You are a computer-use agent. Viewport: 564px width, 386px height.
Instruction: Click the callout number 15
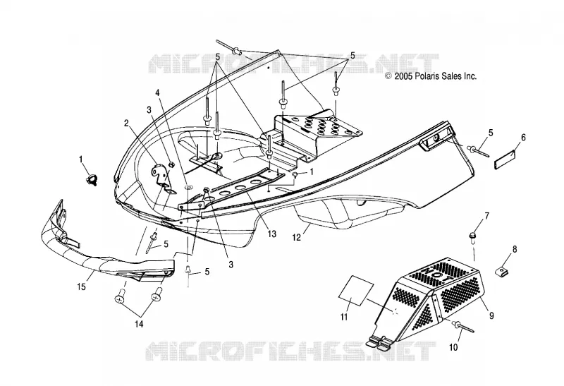[82, 287]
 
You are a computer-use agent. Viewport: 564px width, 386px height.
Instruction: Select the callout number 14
[139, 324]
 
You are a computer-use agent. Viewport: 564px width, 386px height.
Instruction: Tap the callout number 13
[272, 234]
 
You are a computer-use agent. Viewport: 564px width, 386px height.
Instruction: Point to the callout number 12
[296, 238]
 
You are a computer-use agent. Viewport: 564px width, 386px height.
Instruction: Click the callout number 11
[344, 317]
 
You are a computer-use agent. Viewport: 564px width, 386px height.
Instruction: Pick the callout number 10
[453, 347]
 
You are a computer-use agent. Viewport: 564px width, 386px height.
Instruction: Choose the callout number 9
[491, 315]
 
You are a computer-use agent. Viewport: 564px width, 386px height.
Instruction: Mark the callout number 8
[515, 249]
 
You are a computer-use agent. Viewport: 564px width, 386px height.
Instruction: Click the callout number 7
[487, 216]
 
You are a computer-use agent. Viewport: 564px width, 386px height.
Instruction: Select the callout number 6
[523, 137]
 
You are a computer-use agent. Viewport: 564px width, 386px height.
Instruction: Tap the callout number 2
[126, 123]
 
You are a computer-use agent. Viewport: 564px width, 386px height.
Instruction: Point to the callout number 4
[157, 92]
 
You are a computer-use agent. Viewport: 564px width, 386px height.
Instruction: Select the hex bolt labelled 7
[471, 236]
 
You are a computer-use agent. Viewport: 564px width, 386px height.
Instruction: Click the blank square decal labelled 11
[354, 291]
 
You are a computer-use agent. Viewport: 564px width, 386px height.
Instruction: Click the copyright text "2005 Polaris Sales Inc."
[435, 76]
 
